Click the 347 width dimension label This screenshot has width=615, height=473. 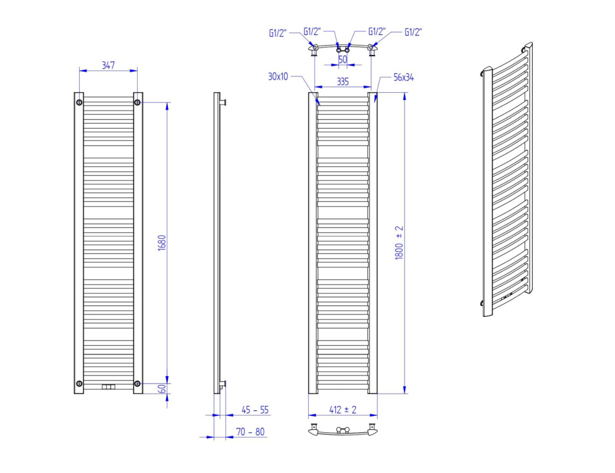pos(108,65)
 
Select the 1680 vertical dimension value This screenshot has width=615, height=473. pos(161,243)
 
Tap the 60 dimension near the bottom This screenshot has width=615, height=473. pos(161,388)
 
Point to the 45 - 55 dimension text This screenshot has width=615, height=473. pos(255,410)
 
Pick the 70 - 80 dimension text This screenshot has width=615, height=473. pos(250,432)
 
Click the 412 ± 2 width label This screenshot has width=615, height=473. pos(343,410)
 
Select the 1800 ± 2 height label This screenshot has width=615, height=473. pos(399,242)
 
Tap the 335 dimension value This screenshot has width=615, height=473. pos(343,82)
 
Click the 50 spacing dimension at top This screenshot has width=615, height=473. pos(342,59)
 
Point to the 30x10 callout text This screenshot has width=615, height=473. pos(278,76)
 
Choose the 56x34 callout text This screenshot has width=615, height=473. pos(403,77)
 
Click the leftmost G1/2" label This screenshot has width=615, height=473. pos(278,33)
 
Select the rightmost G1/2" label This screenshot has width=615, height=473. pos(413,32)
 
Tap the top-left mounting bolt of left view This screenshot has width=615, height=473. pos(79,102)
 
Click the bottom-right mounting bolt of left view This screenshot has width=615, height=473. pos(137,383)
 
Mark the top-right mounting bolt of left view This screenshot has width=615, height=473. pos(137,102)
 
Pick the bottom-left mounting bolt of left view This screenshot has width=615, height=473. pos(79,383)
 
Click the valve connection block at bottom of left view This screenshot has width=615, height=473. pos(109,387)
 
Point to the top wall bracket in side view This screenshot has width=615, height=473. pos(223,102)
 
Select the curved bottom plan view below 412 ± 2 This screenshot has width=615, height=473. pos(343,430)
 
